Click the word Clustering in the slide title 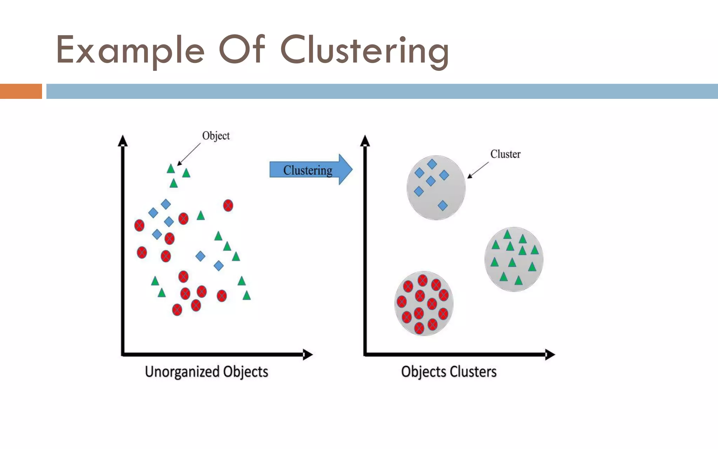click(365, 51)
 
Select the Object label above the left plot click(216, 136)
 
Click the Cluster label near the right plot click(505, 154)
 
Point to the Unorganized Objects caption click(206, 372)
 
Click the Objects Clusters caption click(449, 372)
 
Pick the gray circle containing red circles click(424, 304)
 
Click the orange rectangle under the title click(21, 91)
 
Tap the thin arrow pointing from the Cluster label click(478, 170)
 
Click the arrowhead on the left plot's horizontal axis click(307, 355)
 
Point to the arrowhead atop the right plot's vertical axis click(365, 141)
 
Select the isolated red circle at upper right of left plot click(228, 205)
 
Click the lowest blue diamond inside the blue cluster click(443, 206)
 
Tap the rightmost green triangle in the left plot click(247, 296)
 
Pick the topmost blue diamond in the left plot click(166, 204)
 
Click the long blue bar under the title click(382, 91)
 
